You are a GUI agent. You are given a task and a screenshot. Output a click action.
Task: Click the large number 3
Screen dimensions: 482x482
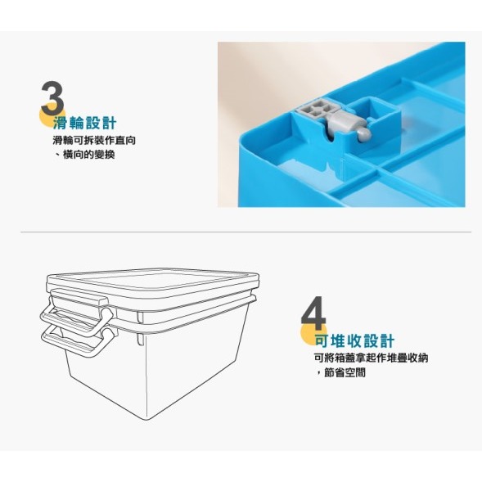click(52, 98)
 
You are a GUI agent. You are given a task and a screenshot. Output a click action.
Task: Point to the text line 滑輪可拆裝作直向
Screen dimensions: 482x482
click(93, 141)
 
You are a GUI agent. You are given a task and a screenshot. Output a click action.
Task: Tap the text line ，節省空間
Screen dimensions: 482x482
click(339, 372)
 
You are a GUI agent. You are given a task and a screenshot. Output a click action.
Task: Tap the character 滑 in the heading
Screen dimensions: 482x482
click(58, 124)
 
